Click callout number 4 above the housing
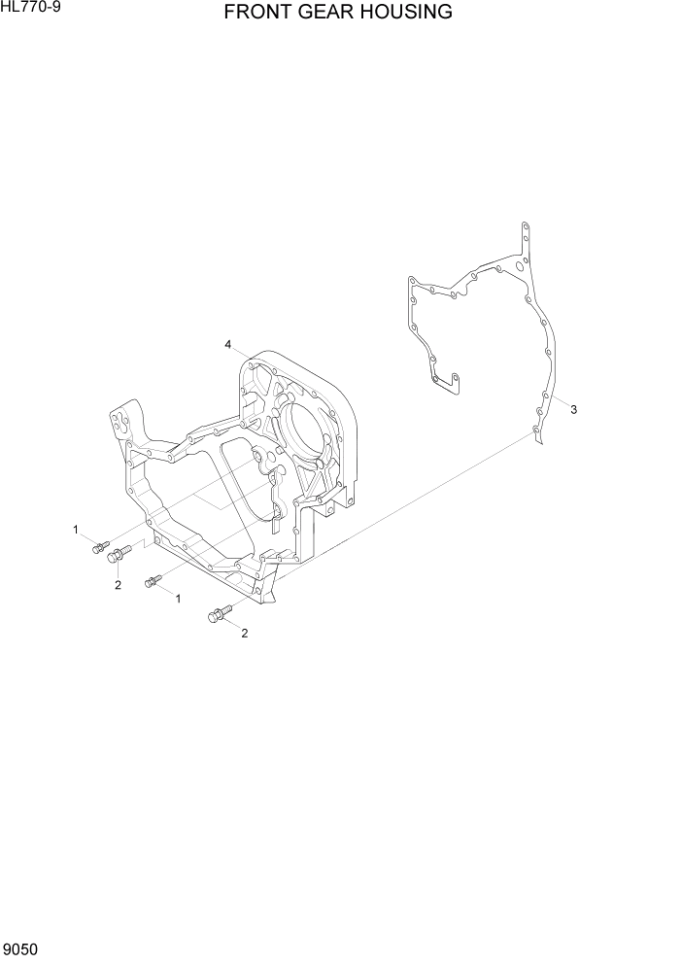tap(228, 345)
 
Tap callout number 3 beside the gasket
tap(574, 410)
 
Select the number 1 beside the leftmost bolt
tap(75, 530)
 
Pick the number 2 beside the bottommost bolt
tap(244, 634)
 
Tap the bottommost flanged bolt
tap(217, 614)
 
